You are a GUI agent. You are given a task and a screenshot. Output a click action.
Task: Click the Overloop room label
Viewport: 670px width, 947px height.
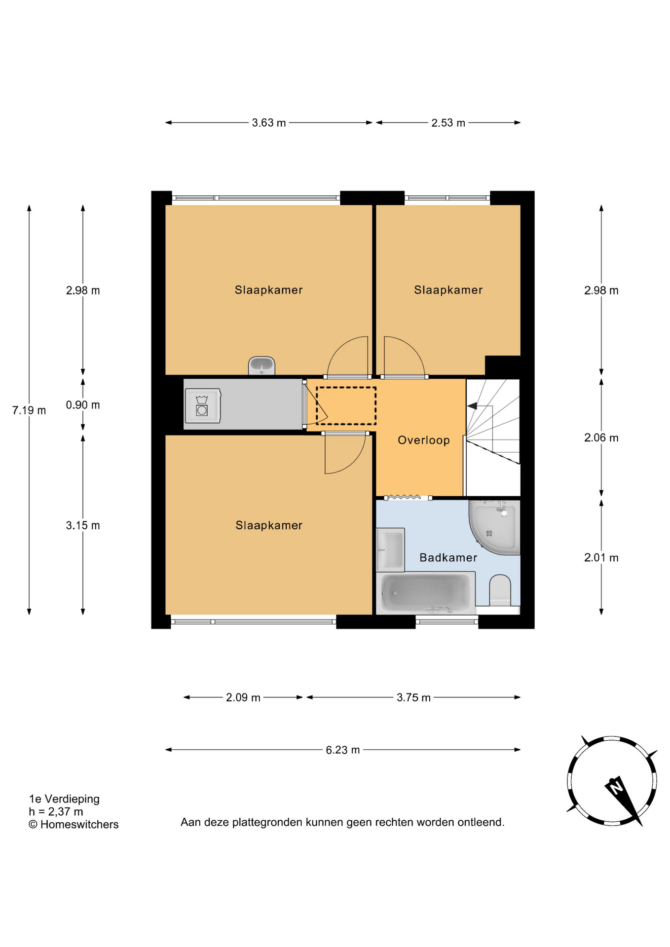(x=423, y=440)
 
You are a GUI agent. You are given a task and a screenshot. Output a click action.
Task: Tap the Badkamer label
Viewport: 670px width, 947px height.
(x=448, y=557)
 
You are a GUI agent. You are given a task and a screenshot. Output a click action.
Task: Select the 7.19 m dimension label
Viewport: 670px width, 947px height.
(x=29, y=410)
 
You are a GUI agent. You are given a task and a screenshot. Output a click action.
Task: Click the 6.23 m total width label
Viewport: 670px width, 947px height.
(x=342, y=750)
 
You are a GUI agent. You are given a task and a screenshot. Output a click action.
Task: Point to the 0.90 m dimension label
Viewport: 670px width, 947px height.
(x=83, y=405)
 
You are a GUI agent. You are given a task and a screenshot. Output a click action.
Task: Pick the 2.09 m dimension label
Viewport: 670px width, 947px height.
(x=243, y=697)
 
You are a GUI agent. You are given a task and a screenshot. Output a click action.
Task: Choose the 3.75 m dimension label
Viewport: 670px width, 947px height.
(x=413, y=697)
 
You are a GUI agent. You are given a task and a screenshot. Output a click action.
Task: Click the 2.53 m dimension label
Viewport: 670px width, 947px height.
(x=448, y=123)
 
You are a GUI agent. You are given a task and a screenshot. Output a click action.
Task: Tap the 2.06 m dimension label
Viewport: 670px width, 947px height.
(x=601, y=437)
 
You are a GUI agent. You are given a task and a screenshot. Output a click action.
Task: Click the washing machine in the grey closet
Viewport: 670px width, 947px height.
(x=203, y=405)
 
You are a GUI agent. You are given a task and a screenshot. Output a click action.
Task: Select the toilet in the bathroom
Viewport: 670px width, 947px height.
(x=500, y=590)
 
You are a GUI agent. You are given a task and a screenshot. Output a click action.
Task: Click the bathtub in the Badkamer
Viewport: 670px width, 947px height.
(x=425, y=593)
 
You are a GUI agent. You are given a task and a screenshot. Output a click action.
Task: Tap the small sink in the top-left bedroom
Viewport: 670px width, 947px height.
(x=261, y=365)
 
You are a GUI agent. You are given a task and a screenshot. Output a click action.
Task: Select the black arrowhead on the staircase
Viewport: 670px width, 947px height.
(x=472, y=406)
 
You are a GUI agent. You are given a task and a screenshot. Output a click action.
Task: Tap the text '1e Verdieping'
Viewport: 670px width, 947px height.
(x=64, y=799)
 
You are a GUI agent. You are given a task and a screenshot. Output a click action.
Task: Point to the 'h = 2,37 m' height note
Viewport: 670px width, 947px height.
(x=56, y=811)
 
